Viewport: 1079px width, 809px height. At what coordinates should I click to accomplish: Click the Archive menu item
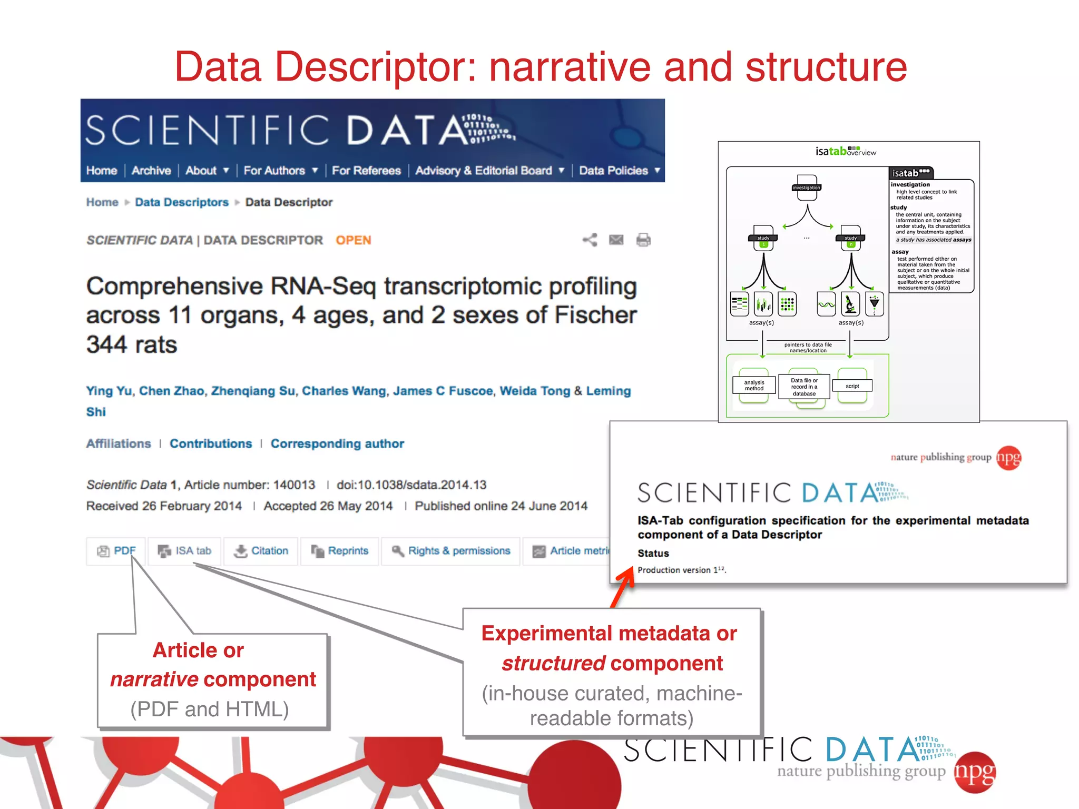(x=151, y=171)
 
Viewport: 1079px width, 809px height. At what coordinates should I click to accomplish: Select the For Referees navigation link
(x=366, y=171)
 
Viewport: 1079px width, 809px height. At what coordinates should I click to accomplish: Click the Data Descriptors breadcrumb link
(x=182, y=202)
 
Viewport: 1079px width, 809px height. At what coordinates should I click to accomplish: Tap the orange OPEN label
(x=354, y=240)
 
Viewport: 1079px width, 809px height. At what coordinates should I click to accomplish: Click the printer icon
(x=643, y=240)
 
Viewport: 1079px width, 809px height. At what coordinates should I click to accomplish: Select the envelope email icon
(x=616, y=240)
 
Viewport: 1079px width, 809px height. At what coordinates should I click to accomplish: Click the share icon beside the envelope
(x=590, y=240)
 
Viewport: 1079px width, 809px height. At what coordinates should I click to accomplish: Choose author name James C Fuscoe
(x=443, y=391)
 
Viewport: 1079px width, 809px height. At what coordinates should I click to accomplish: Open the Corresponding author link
(x=337, y=443)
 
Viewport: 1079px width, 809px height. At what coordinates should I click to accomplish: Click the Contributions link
(x=211, y=443)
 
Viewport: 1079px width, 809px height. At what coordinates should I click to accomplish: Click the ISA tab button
(x=185, y=551)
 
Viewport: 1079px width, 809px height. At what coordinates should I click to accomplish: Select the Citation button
(x=262, y=551)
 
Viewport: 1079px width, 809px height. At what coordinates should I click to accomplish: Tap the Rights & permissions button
(x=451, y=551)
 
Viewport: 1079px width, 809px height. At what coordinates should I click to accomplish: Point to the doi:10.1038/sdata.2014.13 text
(x=411, y=485)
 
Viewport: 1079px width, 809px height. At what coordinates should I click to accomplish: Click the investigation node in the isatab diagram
(x=806, y=188)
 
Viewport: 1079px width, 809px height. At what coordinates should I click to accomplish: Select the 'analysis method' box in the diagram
(x=754, y=386)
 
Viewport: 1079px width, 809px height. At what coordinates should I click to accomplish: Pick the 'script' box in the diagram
(x=852, y=386)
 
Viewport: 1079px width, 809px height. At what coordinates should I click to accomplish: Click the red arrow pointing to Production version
(x=623, y=586)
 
